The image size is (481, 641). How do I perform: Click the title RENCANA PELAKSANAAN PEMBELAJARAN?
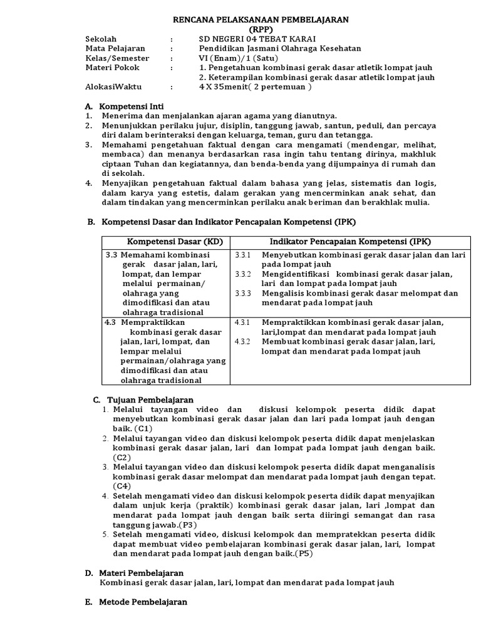point(261,20)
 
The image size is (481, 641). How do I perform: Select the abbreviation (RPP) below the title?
point(261,29)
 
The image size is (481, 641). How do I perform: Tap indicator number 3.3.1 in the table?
point(242,255)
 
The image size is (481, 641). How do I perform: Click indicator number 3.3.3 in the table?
point(242,293)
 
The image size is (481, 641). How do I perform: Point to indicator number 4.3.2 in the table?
point(242,341)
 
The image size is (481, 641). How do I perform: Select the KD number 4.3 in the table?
point(110,322)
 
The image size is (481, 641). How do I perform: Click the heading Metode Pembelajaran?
point(143,602)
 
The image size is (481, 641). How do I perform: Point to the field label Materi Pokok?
point(112,68)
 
